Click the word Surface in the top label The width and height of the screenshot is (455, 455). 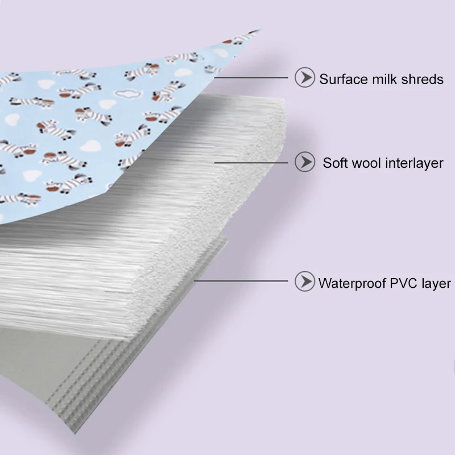click(340, 79)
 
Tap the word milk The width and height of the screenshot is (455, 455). click(378, 79)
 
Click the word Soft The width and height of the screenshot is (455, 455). click(335, 163)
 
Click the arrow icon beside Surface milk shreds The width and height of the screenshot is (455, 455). click(305, 77)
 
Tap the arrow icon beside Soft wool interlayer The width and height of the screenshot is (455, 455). click(305, 162)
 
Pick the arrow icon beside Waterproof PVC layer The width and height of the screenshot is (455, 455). click(305, 281)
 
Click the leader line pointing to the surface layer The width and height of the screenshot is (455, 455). click(251, 77)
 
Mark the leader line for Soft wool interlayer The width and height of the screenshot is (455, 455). click(251, 163)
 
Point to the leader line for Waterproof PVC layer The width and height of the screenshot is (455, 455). click(241, 280)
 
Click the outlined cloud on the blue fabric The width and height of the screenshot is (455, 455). click(129, 93)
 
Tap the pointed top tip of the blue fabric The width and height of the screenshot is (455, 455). click(260, 29)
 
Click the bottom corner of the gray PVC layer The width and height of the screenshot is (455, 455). click(75, 433)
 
